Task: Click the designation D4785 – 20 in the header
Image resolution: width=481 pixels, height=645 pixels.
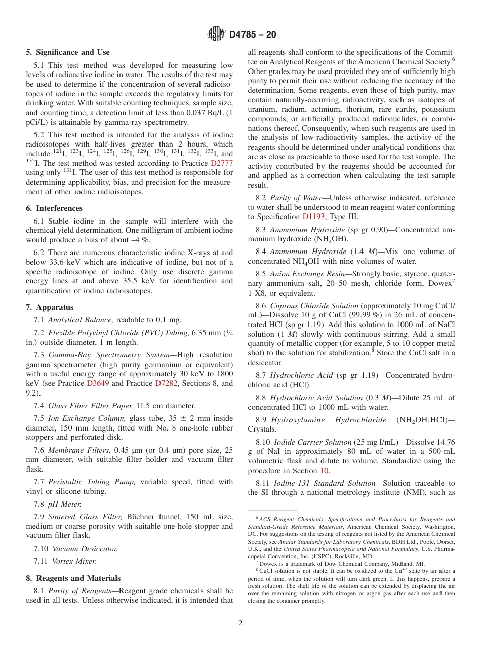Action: pos(253,35)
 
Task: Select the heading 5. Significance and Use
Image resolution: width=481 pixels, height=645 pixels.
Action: pos(68,52)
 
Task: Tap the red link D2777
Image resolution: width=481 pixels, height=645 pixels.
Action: pos(221,163)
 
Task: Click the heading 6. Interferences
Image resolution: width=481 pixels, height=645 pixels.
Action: pos(54,208)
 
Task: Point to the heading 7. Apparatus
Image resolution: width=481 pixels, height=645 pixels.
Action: pos(50,307)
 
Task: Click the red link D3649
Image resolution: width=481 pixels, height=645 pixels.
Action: pos(98,383)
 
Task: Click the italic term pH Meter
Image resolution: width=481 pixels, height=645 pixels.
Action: pos(64,504)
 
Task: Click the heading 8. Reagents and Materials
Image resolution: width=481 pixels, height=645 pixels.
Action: pos(73,578)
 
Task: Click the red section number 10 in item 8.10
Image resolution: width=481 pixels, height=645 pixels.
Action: pos(324,471)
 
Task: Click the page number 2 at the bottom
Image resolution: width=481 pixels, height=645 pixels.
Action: pos(240,623)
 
